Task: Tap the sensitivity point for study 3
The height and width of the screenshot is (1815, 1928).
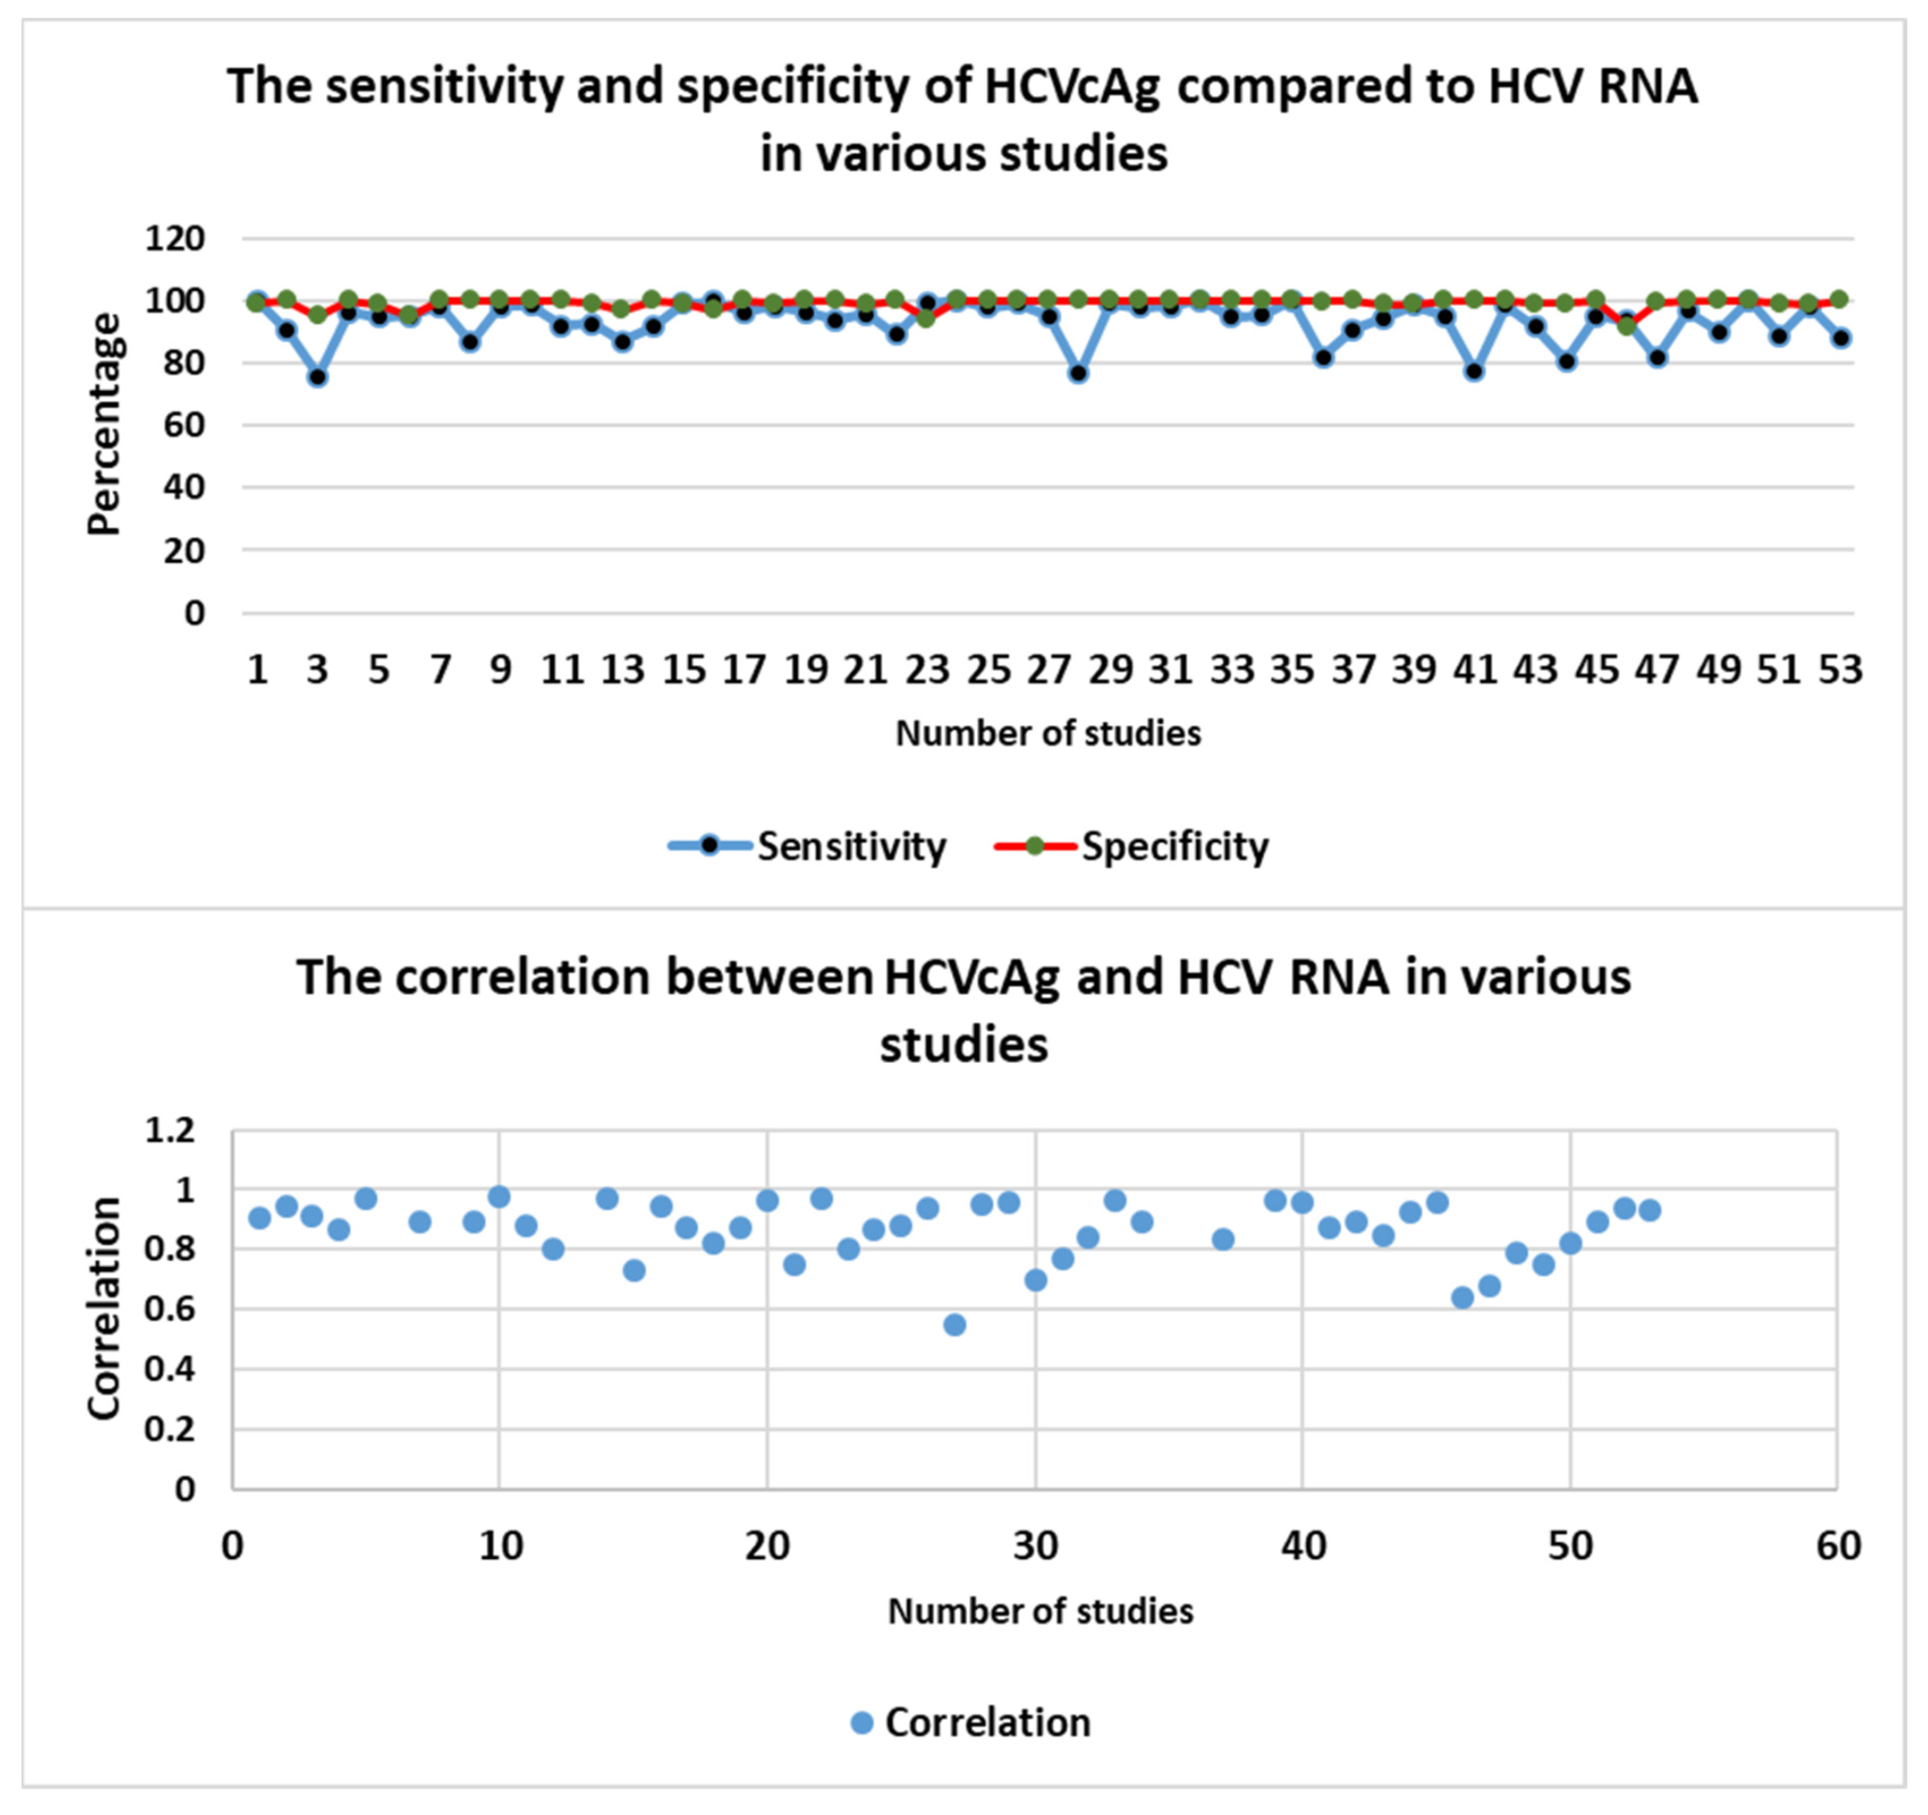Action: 317,377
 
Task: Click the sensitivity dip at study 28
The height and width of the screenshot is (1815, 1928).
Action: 1078,372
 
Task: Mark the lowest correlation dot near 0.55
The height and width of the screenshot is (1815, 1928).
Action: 954,1324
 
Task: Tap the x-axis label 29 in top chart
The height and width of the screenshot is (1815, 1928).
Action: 1110,669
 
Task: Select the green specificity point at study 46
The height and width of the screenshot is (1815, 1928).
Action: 1626,326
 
